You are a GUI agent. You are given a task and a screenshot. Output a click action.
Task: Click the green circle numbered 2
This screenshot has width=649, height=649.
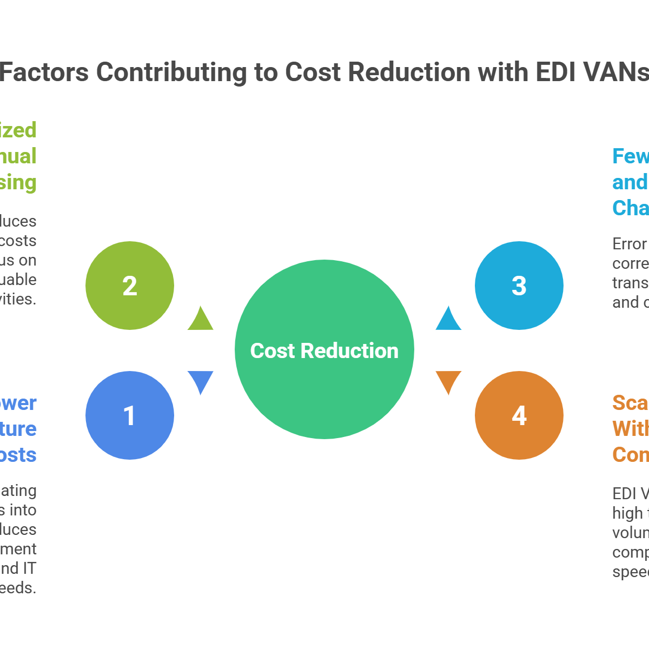tap(130, 285)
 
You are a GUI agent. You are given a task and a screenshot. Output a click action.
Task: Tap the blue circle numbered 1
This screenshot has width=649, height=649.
tap(130, 415)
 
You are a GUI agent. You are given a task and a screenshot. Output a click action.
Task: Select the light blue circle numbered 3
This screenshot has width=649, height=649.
tap(519, 285)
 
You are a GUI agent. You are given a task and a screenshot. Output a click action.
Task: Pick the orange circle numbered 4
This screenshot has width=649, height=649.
tap(519, 415)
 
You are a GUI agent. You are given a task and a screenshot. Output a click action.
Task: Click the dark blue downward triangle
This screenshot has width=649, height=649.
tap(200, 381)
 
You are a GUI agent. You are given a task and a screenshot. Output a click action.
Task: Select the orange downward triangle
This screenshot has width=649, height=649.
tap(449, 381)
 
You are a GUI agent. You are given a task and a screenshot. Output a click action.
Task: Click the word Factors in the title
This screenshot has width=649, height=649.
tap(44, 72)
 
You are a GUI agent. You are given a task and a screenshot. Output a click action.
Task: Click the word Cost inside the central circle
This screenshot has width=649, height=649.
tap(273, 351)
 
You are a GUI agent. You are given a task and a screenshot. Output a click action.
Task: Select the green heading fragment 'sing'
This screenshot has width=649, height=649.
tap(18, 183)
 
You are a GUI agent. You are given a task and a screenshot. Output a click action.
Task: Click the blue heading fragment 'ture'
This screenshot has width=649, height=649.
tap(18, 429)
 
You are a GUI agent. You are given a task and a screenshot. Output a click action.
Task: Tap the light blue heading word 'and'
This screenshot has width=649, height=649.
tap(630, 182)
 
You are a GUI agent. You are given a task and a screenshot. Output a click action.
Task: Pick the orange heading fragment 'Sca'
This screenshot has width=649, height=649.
tap(630, 403)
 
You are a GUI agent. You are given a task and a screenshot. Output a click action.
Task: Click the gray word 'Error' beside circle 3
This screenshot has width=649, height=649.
tap(630, 244)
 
